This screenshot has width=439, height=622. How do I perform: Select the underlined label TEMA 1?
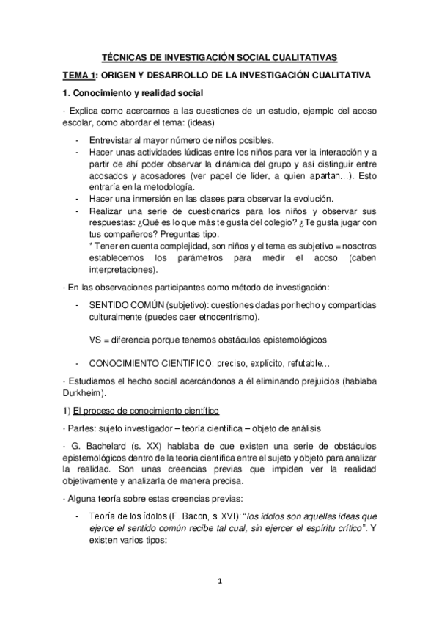coord(78,76)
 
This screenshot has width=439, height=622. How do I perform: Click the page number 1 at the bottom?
coord(219,582)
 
